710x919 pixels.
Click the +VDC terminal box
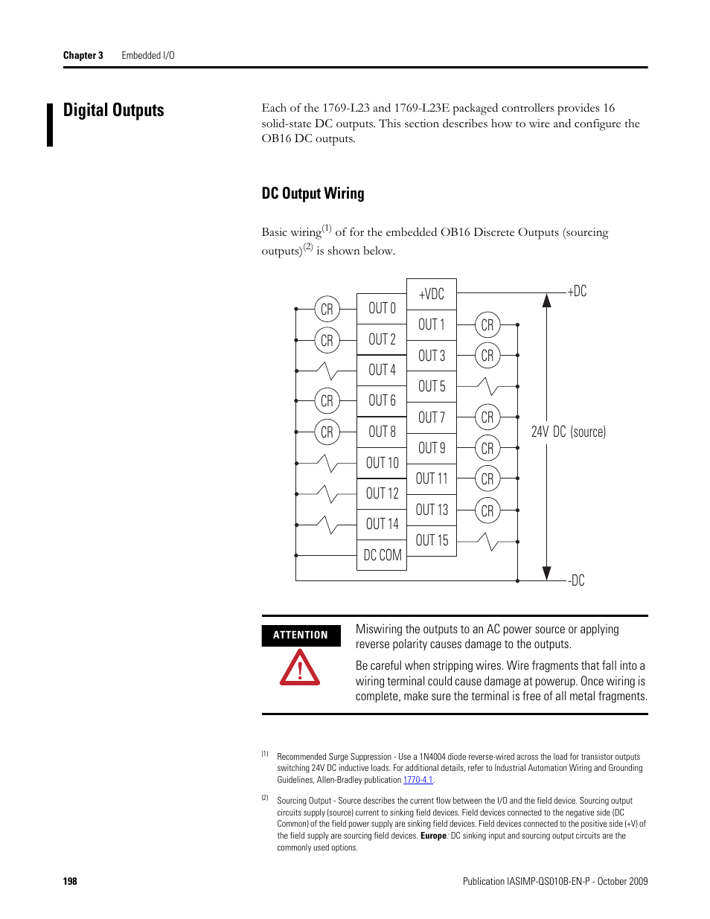pyautogui.click(x=432, y=294)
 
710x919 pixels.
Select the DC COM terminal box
pyautogui.click(x=382, y=555)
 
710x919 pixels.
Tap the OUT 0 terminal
pyautogui.click(x=382, y=308)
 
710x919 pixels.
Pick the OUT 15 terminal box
pyautogui.click(x=432, y=540)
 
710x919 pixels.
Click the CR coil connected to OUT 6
pyautogui.click(x=327, y=401)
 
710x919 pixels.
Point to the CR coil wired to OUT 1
pyautogui.click(x=487, y=325)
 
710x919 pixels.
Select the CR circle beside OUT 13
pyautogui.click(x=487, y=511)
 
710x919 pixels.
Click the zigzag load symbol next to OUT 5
pyautogui.click(x=487, y=386)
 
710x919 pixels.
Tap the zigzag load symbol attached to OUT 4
pyautogui.click(x=327, y=370)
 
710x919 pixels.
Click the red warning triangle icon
pyautogui.click(x=300, y=667)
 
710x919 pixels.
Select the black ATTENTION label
pyautogui.click(x=301, y=635)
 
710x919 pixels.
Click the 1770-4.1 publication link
pyautogui.click(x=418, y=780)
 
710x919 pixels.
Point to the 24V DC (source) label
pyautogui.click(x=569, y=432)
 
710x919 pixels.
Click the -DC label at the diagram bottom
pyautogui.click(x=577, y=580)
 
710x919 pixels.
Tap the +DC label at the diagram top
pyautogui.click(x=578, y=291)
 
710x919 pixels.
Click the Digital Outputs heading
pyautogui.click(x=114, y=110)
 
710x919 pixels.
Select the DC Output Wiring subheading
pyautogui.click(x=313, y=193)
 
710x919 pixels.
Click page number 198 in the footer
pyautogui.click(x=70, y=881)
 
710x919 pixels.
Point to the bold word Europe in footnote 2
pyautogui.click(x=433, y=836)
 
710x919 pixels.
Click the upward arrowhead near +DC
pyautogui.click(x=547, y=300)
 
